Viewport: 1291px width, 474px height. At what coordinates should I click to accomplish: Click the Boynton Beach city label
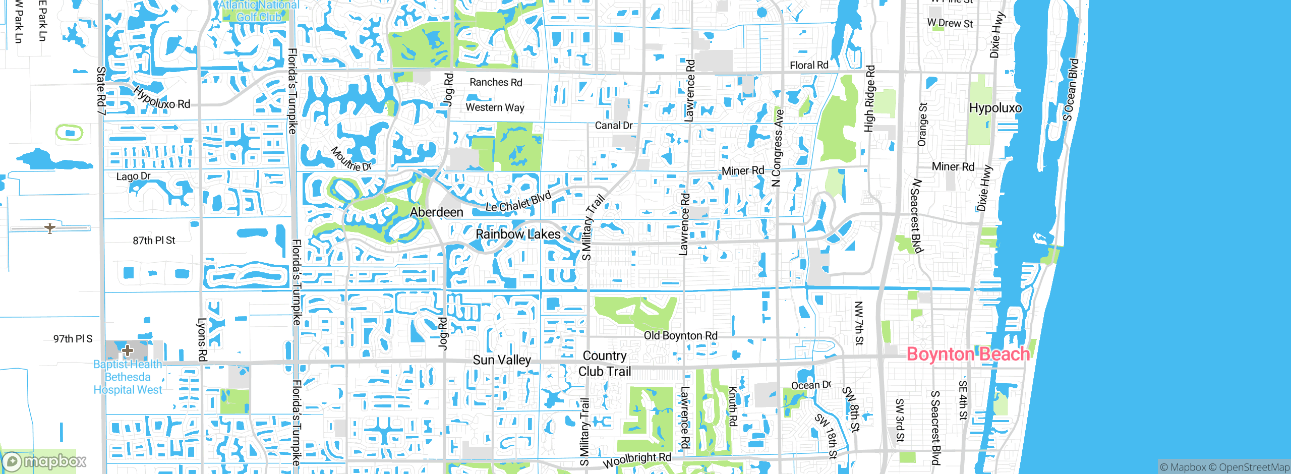(x=968, y=354)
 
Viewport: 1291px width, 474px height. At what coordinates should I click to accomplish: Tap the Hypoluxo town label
(x=995, y=108)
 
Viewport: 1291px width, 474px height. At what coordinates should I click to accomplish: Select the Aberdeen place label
(x=436, y=212)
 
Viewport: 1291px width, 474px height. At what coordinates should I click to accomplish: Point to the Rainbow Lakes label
(x=518, y=234)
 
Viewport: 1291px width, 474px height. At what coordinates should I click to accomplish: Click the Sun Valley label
(x=502, y=360)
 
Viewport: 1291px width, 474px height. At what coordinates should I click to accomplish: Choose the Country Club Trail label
(x=605, y=364)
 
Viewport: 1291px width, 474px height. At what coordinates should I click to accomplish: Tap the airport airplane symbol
(x=50, y=228)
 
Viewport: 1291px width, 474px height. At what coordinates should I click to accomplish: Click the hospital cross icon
(x=128, y=350)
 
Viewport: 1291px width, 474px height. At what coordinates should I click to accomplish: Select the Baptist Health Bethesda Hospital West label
(x=128, y=377)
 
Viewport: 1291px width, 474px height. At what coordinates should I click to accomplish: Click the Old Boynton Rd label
(x=680, y=336)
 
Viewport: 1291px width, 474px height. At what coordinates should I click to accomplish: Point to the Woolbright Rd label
(x=637, y=460)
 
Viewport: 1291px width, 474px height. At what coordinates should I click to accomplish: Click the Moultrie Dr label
(x=351, y=159)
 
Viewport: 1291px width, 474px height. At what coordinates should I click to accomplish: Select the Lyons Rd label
(x=202, y=339)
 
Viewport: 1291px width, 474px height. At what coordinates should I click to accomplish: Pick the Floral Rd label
(x=809, y=65)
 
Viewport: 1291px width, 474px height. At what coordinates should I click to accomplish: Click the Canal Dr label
(x=613, y=126)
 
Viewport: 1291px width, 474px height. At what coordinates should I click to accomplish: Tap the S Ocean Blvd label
(x=1071, y=90)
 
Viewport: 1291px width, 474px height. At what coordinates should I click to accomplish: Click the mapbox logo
(x=44, y=461)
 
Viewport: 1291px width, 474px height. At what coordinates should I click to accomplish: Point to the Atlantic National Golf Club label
(x=259, y=11)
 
